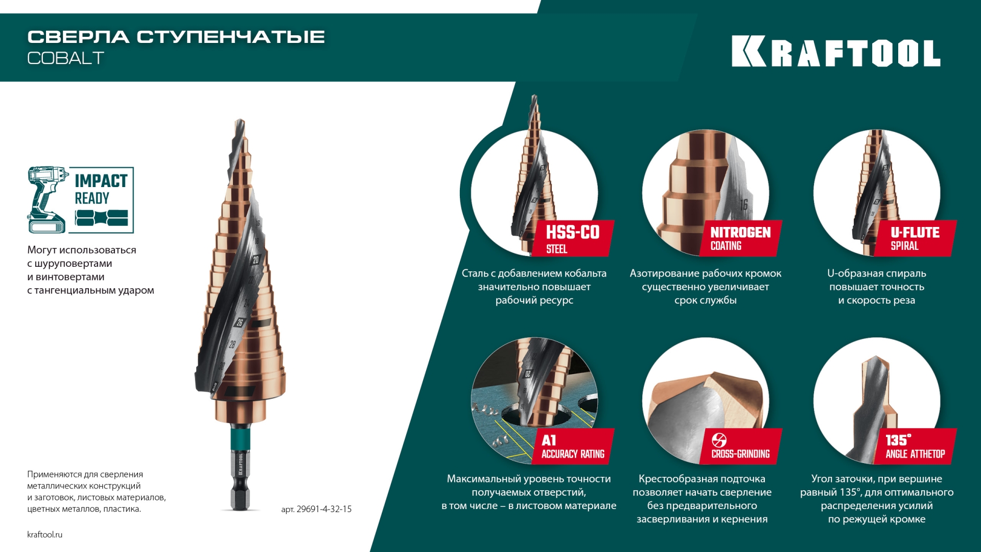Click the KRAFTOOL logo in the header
point(835,51)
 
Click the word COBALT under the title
point(65,58)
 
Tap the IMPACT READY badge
point(81,199)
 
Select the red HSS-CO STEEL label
point(572,238)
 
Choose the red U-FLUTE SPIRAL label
point(915,238)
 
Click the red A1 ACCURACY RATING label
point(572,446)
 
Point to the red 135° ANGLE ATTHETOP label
point(915,446)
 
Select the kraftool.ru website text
point(44,535)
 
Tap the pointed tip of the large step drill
point(239,122)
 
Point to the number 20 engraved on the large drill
point(255,260)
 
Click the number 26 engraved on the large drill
point(240,323)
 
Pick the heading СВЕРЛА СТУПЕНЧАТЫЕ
point(176,37)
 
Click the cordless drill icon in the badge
point(47,199)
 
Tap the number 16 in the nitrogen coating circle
point(744,204)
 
